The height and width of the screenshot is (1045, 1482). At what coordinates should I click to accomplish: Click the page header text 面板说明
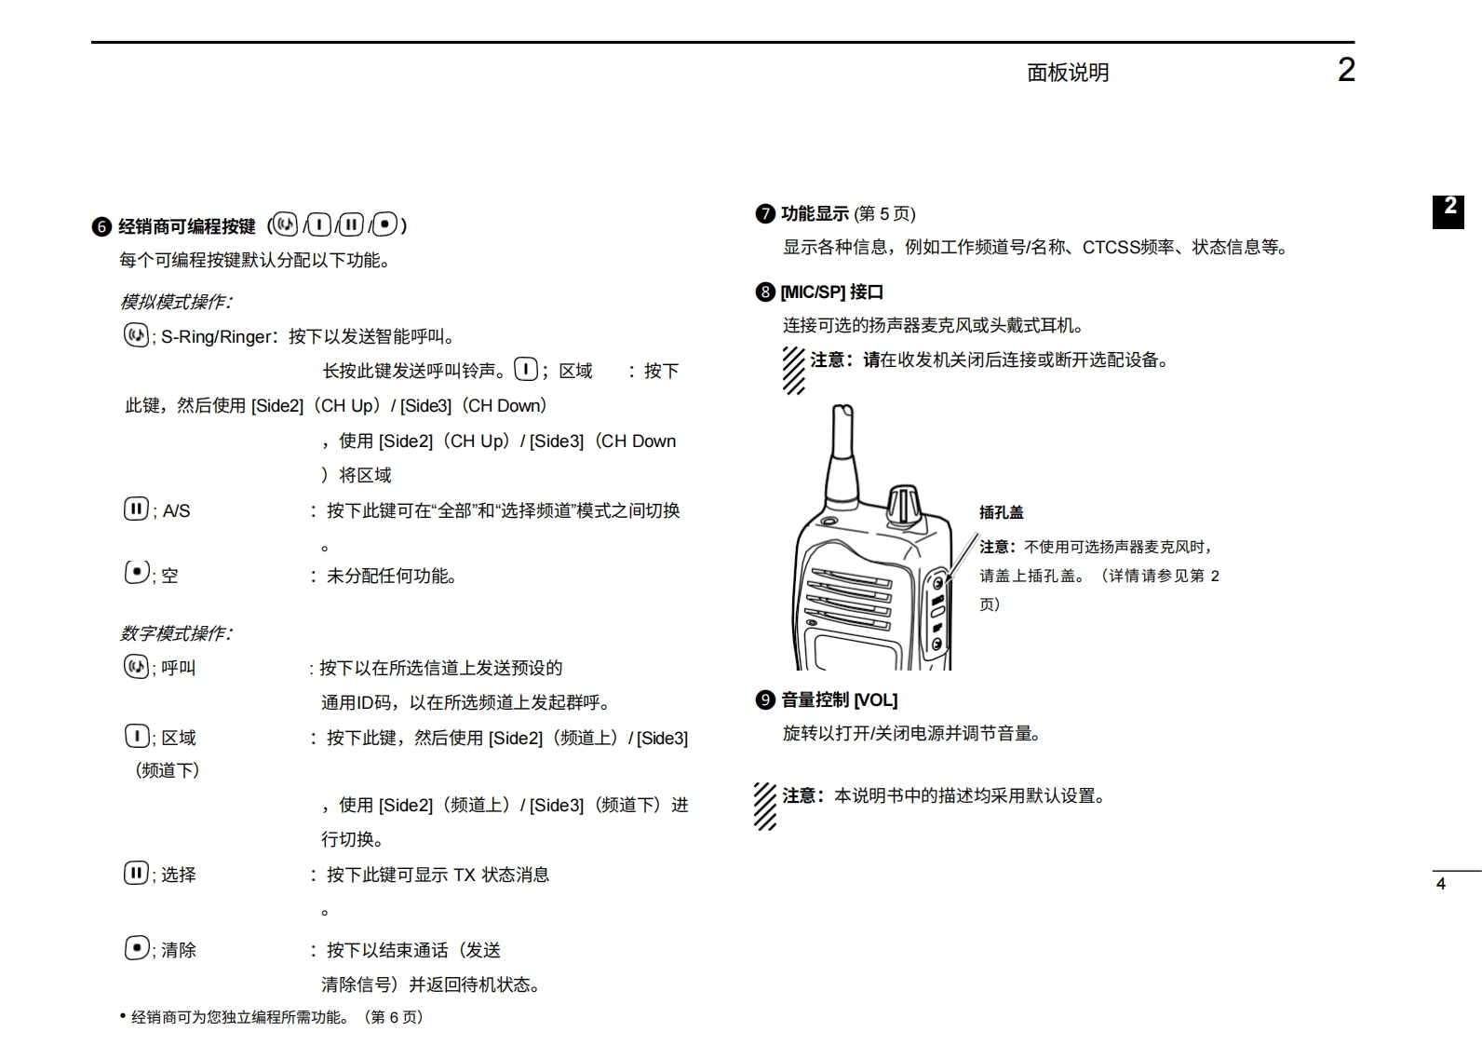[1067, 73]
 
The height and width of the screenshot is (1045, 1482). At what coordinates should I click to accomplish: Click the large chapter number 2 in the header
[1345, 70]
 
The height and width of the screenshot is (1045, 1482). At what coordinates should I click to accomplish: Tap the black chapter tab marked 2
[1448, 210]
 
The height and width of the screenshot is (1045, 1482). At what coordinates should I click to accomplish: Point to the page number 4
[1440, 884]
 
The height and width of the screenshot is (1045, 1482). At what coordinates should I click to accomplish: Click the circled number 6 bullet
[101, 226]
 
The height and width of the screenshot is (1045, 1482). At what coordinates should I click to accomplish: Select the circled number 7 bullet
[765, 214]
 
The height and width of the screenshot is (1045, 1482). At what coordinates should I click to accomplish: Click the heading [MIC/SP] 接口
[831, 292]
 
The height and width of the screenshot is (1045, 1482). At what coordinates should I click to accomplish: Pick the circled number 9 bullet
[765, 699]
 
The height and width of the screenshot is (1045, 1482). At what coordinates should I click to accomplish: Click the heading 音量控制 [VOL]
[839, 699]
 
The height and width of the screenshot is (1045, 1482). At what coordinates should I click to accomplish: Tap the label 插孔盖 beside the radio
[1001, 512]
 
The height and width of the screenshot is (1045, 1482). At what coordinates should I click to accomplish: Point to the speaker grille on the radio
[849, 597]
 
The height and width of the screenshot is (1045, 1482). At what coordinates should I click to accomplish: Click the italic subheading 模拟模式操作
[175, 302]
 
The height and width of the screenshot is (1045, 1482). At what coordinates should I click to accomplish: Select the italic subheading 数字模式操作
[175, 633]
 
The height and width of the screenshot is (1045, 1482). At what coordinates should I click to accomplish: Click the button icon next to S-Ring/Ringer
[136, 335]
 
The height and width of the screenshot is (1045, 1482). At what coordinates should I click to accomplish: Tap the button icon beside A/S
[136, 509]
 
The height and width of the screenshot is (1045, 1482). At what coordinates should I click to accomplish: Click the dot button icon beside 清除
[136, 948]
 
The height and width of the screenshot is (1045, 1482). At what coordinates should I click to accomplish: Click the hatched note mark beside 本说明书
[765, 806]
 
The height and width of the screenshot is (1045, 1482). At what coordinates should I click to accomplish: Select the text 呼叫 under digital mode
[178, 668]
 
